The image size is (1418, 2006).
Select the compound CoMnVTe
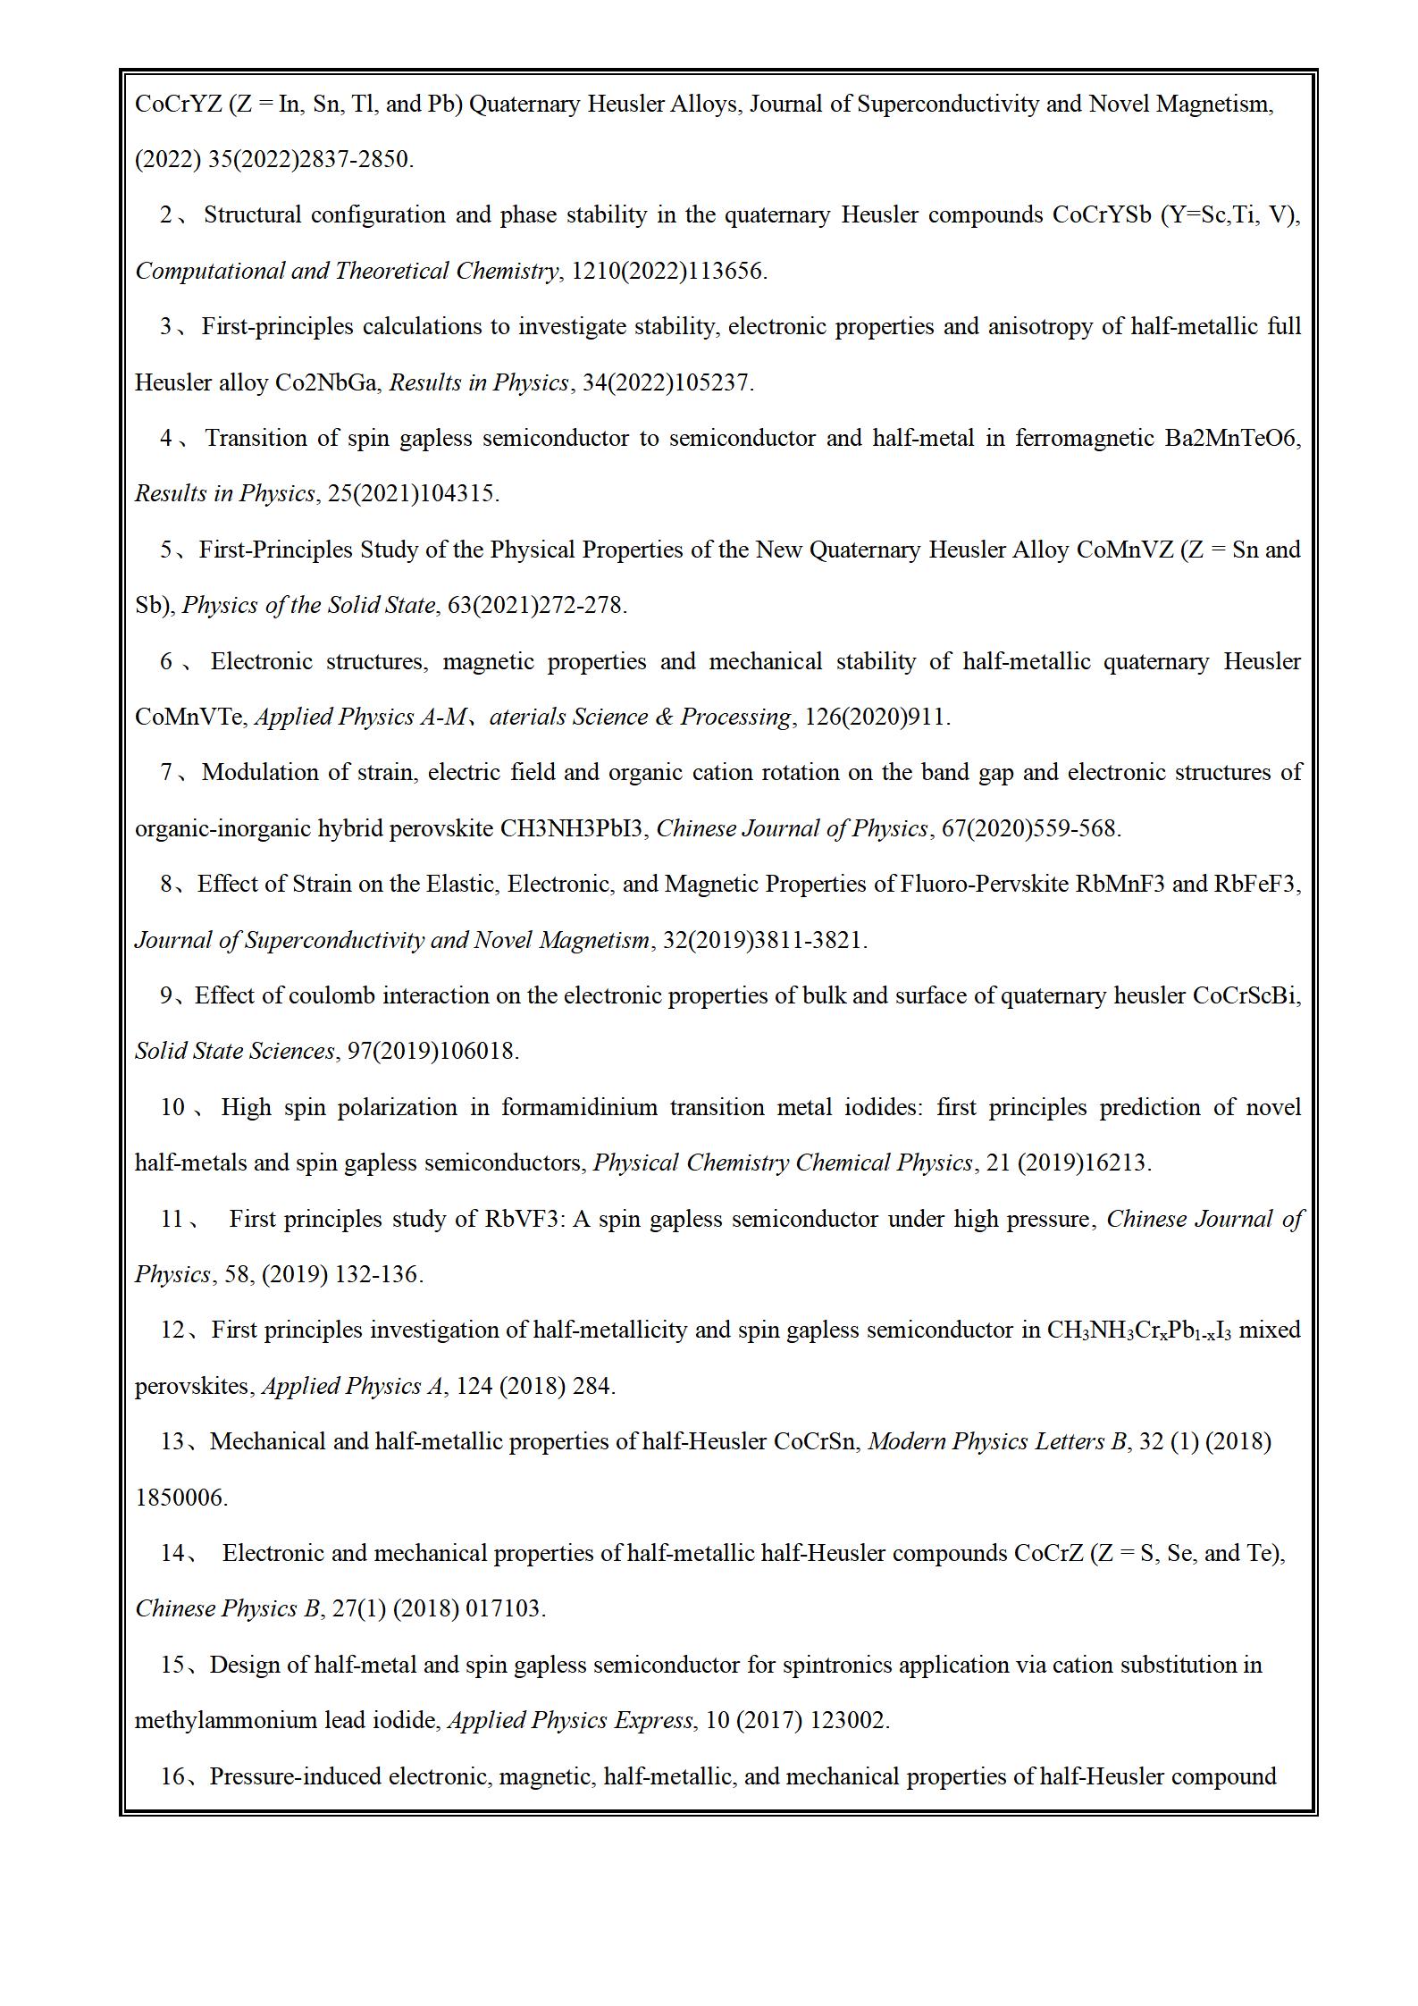189,717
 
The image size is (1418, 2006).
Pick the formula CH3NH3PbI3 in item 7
571,828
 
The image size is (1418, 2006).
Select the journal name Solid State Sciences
234,1051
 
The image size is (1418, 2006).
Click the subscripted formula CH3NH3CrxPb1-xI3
1138,1330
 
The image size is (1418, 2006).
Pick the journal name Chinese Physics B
227,1608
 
